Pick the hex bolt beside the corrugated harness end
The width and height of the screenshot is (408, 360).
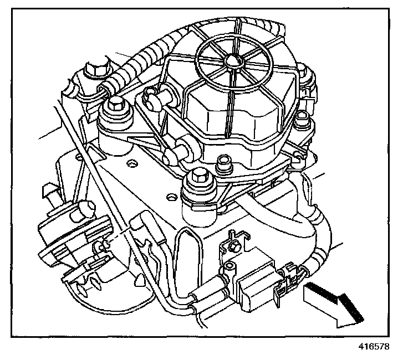point(117,105)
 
